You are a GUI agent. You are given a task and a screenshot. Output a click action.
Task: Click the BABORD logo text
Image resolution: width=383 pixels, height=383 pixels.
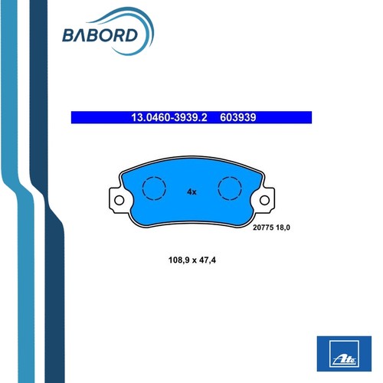pos(100,35)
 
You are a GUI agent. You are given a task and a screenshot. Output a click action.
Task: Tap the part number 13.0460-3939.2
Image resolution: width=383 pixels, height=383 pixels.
pos(169,117)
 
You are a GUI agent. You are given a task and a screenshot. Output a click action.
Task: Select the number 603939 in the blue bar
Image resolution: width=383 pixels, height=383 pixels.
pos(238,117)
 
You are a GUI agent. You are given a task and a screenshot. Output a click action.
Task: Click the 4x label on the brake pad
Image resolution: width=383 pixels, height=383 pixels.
pos(191,191)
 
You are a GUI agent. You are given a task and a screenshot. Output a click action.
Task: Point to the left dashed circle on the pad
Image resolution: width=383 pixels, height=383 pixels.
pos(142,188)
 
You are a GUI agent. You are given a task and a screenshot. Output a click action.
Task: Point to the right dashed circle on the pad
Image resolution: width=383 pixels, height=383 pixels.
pos(218,188)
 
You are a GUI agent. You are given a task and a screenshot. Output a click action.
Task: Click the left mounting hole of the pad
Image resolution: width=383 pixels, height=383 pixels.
pos(119,200)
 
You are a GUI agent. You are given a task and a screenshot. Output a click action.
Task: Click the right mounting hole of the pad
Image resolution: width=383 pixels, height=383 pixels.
pos(264,200)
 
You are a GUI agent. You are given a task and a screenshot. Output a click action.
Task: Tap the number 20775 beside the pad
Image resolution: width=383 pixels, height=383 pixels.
pos(264,228)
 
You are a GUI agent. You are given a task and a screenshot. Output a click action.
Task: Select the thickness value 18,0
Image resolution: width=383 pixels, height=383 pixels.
pos(283,228)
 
